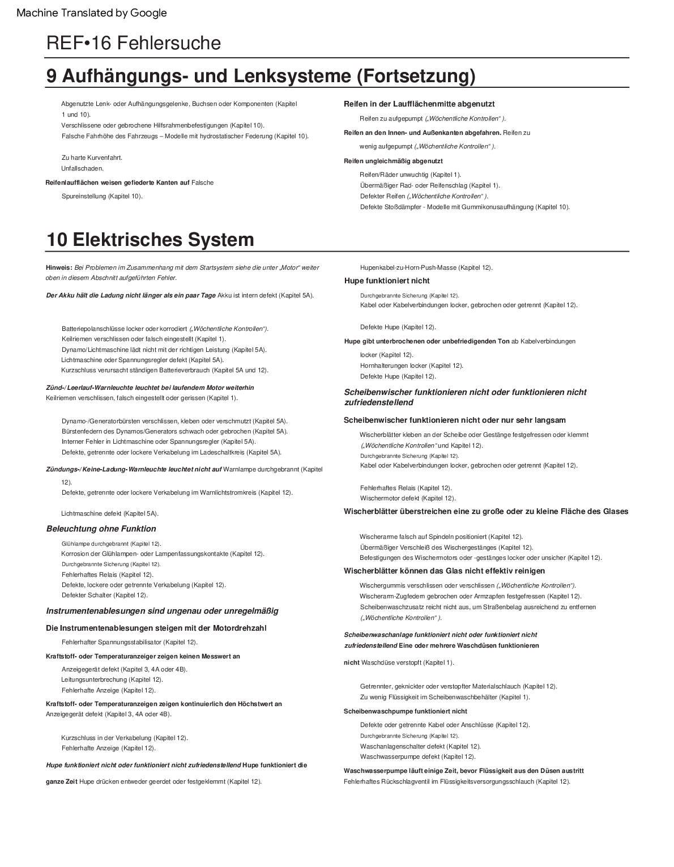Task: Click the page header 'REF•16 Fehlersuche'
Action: coord(134,43)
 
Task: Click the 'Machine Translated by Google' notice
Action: coord(92,13)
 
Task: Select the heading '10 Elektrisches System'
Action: coord(150,240)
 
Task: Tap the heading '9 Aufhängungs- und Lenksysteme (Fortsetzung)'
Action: coord(261,76)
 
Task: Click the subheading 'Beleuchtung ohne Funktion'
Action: coord(101,529)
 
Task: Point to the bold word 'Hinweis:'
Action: coord(59,267)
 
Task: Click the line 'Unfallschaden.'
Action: coord(82,168)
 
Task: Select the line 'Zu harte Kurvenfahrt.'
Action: coord(92,158)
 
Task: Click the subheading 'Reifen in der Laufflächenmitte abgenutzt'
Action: coord(419,104)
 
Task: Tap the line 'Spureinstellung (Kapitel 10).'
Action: coord(102,196)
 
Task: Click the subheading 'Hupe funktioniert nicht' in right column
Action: coord(387,280)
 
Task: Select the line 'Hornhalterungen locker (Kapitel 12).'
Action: coord(411,365)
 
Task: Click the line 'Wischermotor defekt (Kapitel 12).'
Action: coord(408,498)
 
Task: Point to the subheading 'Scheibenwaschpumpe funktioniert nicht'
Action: coord(406,711)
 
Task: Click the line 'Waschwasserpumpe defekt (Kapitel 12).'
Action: coord(418,756)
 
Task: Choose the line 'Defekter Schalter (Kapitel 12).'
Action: coord(104,595)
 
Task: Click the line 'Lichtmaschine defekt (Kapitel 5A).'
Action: coord(110,513)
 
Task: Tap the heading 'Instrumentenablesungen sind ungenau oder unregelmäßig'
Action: coord(162,611)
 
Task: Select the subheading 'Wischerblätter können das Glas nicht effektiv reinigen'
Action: coord(445,571)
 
